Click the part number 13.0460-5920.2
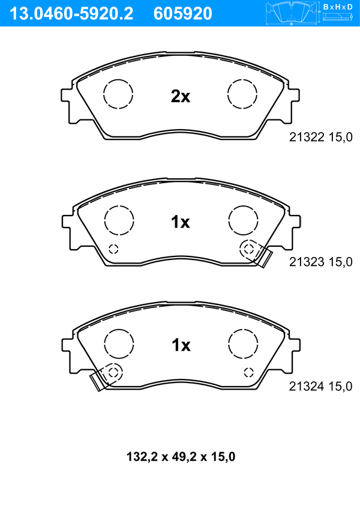pos(71,14)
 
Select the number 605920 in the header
pos(183,14)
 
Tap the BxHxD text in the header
pos(338,7)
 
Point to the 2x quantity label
pos(181,96)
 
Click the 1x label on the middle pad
pos(181,222)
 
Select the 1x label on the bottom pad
pos(181,345)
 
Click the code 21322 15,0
pos(321,138)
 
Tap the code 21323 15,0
pos(321,262)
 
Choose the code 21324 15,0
pos(321,387)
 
